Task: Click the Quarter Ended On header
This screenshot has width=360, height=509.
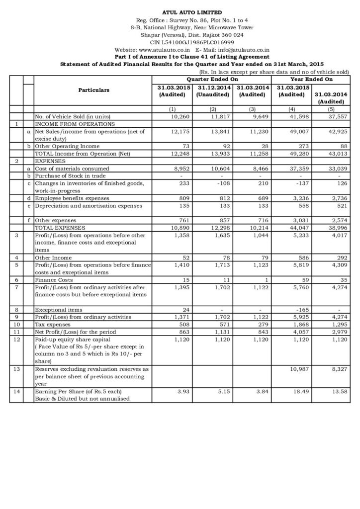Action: (x=212, y=79)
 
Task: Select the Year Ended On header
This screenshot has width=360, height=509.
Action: (x=311, y=79)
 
